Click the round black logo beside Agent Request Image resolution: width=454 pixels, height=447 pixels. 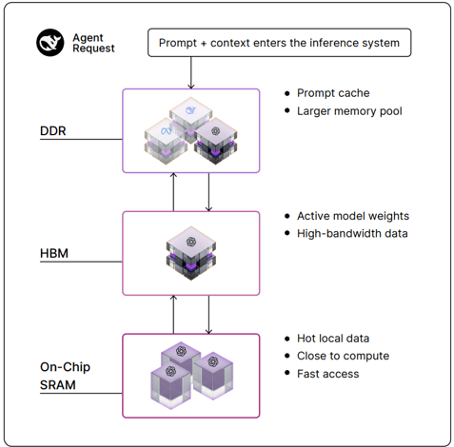49,43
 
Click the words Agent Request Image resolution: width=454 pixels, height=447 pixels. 93,43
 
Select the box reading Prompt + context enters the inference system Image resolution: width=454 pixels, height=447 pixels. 279,43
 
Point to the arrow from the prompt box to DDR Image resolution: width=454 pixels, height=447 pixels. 191,73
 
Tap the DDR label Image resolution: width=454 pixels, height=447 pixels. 53,130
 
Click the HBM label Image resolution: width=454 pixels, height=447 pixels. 54,253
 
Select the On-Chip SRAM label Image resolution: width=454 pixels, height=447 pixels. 65,376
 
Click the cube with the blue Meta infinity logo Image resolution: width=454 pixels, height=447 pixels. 165,141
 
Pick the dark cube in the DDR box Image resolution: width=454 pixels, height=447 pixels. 216,141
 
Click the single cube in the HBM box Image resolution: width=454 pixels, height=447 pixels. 191,253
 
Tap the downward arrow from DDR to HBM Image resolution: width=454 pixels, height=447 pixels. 208,192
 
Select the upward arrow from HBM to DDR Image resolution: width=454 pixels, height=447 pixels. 173,192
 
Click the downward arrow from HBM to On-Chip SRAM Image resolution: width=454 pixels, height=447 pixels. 208,315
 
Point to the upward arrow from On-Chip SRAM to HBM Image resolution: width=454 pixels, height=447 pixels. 173,315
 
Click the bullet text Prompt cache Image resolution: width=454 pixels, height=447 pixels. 333,93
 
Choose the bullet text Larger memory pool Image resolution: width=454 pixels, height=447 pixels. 349,111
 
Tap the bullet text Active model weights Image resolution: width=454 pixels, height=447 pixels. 353,216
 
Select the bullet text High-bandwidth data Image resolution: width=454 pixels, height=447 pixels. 352,234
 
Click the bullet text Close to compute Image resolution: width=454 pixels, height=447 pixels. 343,356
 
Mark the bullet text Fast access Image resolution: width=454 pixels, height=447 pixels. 327,374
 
